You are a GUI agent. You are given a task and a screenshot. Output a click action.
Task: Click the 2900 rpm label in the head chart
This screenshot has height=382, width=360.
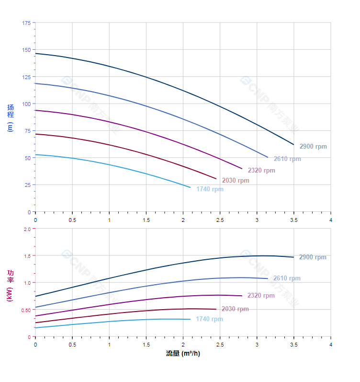pos(313,147)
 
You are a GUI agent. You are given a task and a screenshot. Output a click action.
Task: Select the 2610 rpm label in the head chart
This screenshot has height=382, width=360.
pos(287,159)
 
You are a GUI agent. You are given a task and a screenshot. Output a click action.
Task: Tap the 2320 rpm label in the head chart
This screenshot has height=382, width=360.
pos(261,170)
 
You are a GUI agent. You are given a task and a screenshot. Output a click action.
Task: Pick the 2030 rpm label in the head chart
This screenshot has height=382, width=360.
pos(236,181)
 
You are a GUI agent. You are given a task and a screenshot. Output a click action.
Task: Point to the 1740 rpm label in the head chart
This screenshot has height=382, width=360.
pos(210,189)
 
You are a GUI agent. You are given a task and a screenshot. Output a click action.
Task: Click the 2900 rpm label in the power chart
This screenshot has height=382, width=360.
pos(313,257)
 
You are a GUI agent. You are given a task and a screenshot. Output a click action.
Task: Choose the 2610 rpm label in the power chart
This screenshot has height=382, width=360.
pos(287,278)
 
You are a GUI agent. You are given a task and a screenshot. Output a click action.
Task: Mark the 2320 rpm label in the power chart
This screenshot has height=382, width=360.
pos(261,296)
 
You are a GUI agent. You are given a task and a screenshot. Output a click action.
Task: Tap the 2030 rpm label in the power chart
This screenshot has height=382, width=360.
pos(235,309)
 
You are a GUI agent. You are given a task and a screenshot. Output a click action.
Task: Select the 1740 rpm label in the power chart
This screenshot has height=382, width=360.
pos(209,319)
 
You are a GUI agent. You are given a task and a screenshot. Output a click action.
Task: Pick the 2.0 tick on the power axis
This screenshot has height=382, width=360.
pos(27,229)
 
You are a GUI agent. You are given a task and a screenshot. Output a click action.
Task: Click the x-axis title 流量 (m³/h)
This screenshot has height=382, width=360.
pos(183,354)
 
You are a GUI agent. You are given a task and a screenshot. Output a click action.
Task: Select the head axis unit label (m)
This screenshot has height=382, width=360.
pos(11,127)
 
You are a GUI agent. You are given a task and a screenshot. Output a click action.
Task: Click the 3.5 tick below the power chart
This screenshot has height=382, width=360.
pos(294,345)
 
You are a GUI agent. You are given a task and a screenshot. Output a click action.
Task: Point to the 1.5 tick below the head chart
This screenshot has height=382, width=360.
pos(146,220)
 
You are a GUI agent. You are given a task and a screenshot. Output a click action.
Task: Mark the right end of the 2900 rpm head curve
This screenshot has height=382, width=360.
pos(293,144)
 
